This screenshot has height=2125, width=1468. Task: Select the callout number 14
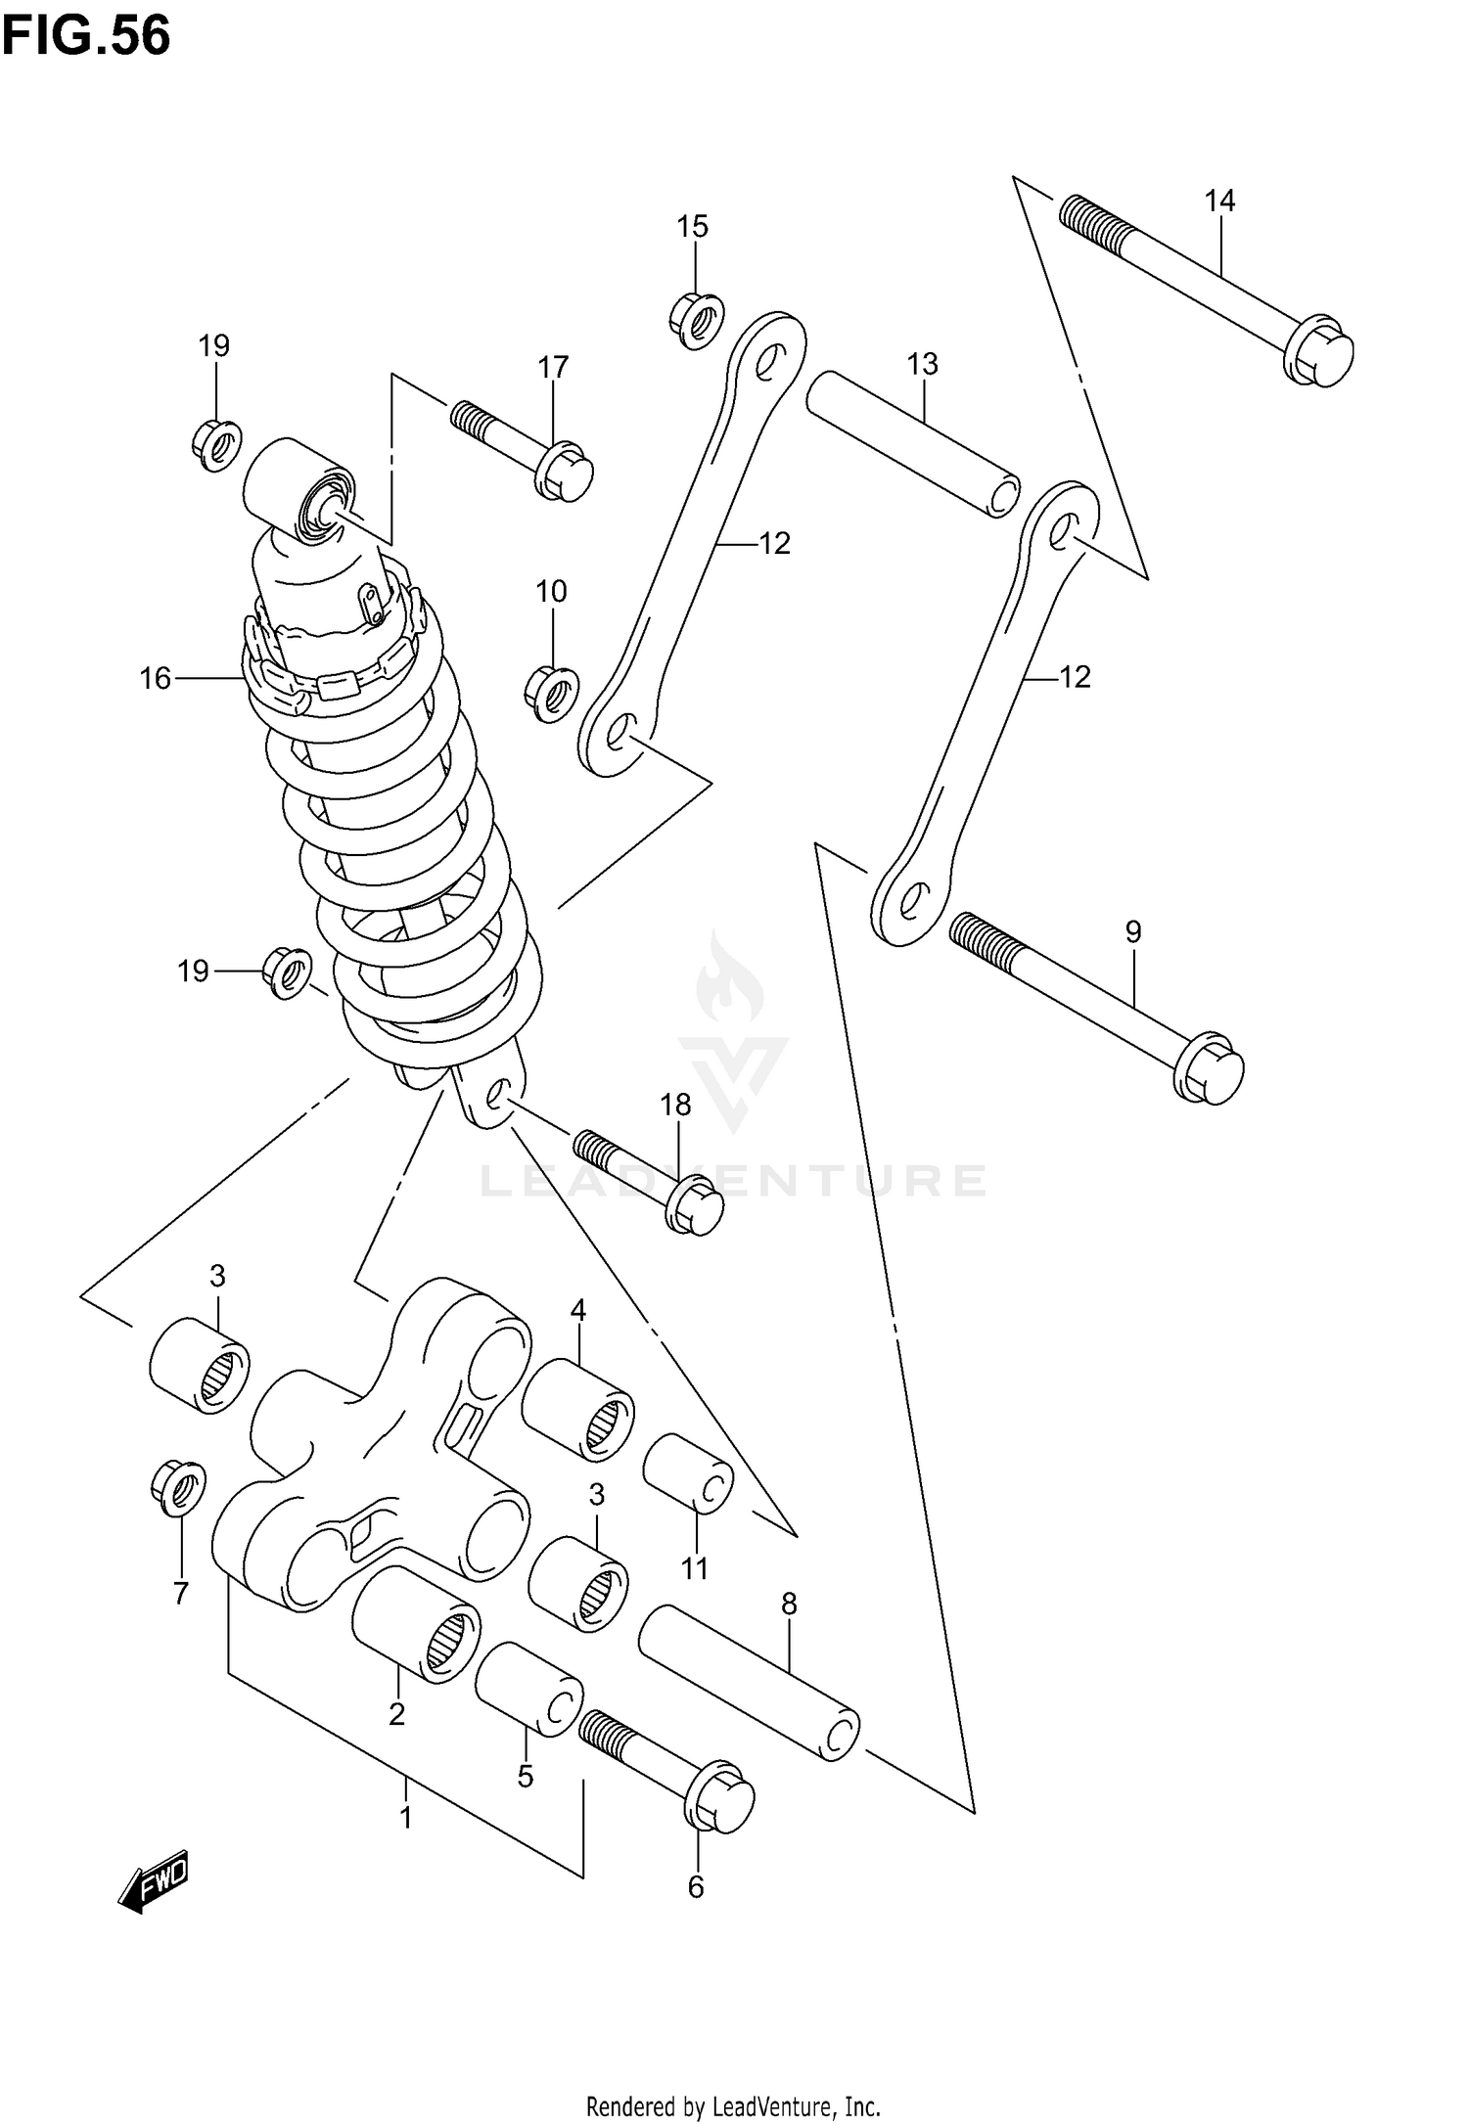pos(1219,201)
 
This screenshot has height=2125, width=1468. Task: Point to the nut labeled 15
pos(697,318)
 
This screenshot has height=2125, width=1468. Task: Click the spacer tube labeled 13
pos(913,443)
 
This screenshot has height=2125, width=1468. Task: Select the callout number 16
pos(155,678)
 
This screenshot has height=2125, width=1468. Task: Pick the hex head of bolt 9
pos(1209,1068)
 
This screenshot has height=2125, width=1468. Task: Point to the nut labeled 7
pos(179,1488)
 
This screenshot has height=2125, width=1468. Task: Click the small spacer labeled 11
pos(687,1487)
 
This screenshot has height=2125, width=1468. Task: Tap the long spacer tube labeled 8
pos(749,1683)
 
